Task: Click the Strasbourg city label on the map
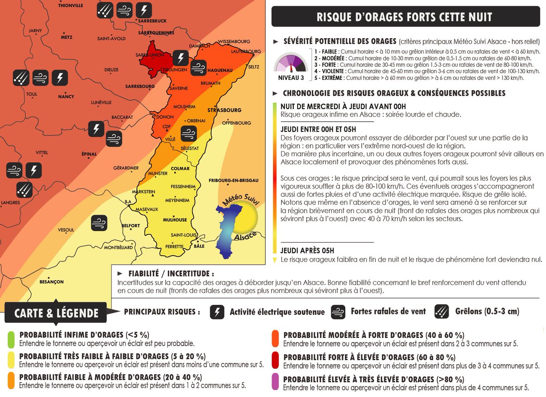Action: [224, 110]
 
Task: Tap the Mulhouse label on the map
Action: [175, 220]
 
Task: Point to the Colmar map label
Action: [180, 169]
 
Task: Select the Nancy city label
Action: [66, 97]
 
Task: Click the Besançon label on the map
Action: [51, 282]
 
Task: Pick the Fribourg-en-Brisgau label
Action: [233, 180]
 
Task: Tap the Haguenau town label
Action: [220, 70]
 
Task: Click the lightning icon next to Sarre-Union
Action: [181, 58]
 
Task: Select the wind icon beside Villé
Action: [188, 133]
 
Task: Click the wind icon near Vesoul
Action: [99, 222]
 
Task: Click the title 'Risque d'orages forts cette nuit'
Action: [404, 17]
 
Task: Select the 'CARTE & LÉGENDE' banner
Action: [56, 313]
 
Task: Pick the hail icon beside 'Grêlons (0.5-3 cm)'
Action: [443, 312]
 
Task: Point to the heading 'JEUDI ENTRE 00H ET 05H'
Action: [319, 129]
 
